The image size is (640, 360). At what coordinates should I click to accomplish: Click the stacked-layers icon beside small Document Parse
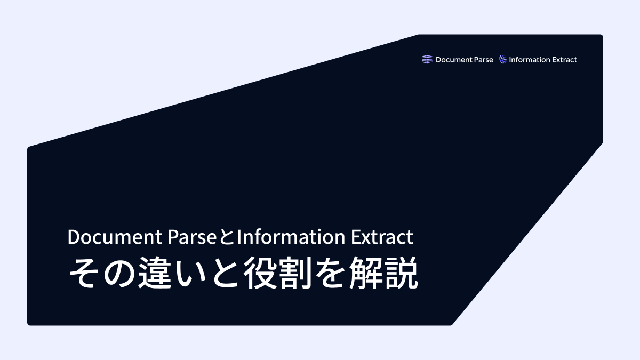click(x=427, y=60)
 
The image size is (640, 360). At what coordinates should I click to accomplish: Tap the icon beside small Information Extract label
click(x=502, y=60)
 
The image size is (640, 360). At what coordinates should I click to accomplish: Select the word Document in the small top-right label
click(x=454, y=60)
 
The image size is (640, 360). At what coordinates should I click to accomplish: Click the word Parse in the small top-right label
click(x=483, y=60)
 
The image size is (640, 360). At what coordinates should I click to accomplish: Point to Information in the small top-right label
click(x=531, y=60)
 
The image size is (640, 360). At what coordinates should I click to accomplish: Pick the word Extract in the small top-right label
click(x=565, y=60)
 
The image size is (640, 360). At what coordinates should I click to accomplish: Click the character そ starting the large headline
click(x=84, y=274)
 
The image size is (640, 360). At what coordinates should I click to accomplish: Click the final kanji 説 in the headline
click(x=402, y=274)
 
